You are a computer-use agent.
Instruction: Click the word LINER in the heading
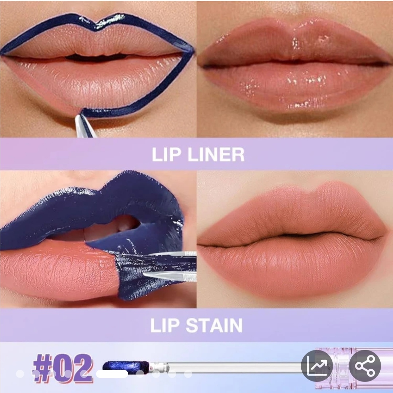coord(216,155)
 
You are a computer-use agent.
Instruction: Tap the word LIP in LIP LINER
coord(166,155)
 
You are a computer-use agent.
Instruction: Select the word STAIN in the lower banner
coord(214,325)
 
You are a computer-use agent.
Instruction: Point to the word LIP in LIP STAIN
coord(165,325)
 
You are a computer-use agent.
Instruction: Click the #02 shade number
coord(63,368)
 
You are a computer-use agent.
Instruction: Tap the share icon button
coord(365,366)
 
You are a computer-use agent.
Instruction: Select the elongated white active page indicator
coord(112,374)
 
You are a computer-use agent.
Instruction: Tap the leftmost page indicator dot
coord(20,374)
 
